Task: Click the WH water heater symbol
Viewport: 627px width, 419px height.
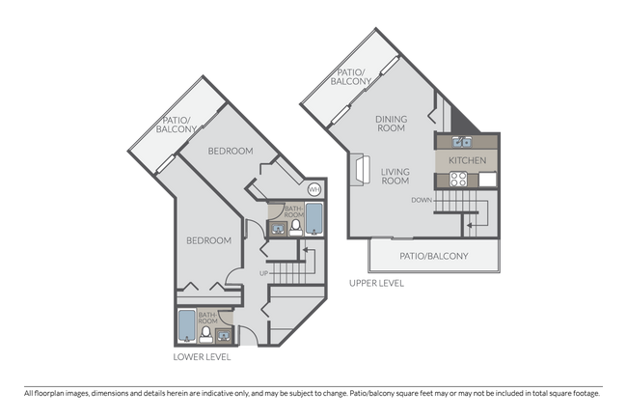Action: pos(313,190)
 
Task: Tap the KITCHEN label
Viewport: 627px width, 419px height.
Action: pos(467,160)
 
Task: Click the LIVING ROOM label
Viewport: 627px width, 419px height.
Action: pos(395,178)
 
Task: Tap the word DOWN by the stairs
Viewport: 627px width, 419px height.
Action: pos(422,200)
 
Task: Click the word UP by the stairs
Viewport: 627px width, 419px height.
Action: pos(263,273)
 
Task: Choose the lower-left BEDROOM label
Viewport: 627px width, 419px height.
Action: pos(208,240)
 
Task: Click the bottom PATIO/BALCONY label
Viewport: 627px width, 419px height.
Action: pos(433,256)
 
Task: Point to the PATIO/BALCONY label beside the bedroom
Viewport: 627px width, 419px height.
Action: pos(178,124)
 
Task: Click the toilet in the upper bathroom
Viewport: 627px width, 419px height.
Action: pos(297,227)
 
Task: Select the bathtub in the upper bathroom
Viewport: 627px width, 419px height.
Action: pos(314,220)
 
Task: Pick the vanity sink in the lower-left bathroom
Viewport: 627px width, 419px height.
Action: pos(224,335)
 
